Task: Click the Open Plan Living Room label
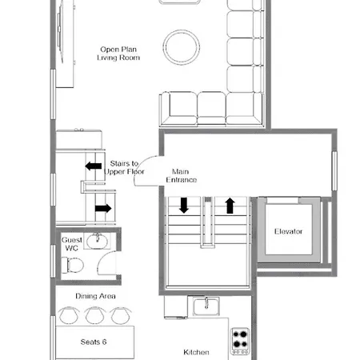(x=119, y=53)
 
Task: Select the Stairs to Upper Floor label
(x=124, y=167)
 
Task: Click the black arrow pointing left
(x=94, y=166)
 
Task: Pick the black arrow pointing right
(x=102, y=208)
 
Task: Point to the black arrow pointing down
(x=184, y=206)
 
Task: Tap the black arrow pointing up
(x=230, y=206)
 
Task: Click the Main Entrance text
(x=182, y=175)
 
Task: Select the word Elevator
(x=288, y=232)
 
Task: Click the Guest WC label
(x=71, y=244)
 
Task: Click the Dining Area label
(x=96, y=297)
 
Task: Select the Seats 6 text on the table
(x=94, y=342)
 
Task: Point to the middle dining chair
(x=94, y=316)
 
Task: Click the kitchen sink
(x=206, y=305)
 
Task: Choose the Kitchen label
(x=196, y=352)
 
